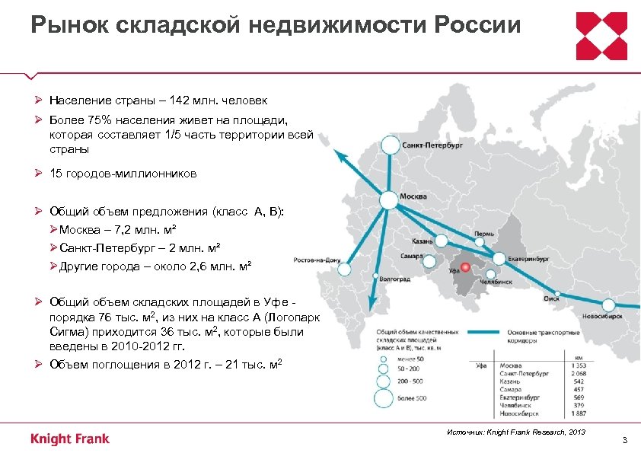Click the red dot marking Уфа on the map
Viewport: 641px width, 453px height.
(464, 267)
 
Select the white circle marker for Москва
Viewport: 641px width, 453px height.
(388, 199)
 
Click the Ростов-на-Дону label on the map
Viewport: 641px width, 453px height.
(314, 259)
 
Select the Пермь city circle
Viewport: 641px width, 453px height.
(481, 241)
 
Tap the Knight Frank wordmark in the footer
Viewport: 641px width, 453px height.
(70, 439)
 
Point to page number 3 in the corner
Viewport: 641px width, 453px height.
(624, 441)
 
